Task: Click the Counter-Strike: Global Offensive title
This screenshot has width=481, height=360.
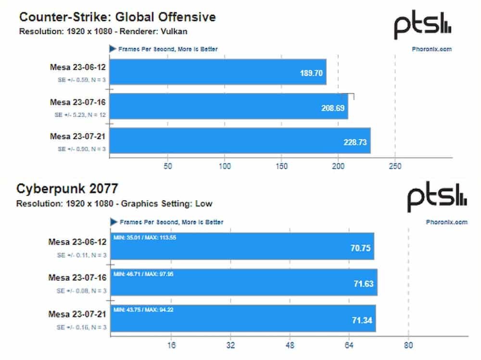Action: pyautogui.click(x=117, y=17)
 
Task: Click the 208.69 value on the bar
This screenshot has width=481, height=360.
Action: pyautogui.click(x=333, y=108)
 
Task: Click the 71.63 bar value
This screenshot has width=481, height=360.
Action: pyautogui.click(x=363, y=284)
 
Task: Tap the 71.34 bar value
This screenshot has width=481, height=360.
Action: pyautogui.click(x=362, y=319)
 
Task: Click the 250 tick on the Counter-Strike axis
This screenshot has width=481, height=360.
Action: pyautogui.click(x=395, y=167)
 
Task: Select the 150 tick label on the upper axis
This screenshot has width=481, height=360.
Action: pyautogui.click(x=281, y=167)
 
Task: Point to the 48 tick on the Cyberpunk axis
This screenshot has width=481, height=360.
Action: pyautogui.click(x=290, y=346)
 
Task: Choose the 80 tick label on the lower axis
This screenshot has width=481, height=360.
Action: pyautogui.click(x=408, y=346)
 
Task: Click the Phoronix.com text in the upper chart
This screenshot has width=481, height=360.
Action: pyautogui.click(x=432, y=49)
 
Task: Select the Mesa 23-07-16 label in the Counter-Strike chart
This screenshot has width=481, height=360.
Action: pyautogui.click(x=78, y=102)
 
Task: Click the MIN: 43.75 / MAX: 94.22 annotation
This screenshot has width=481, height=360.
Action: pyautogui.click(x=143, y=309)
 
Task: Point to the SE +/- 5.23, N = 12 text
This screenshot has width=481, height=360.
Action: pyautogui.click(x=79, y=115)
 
